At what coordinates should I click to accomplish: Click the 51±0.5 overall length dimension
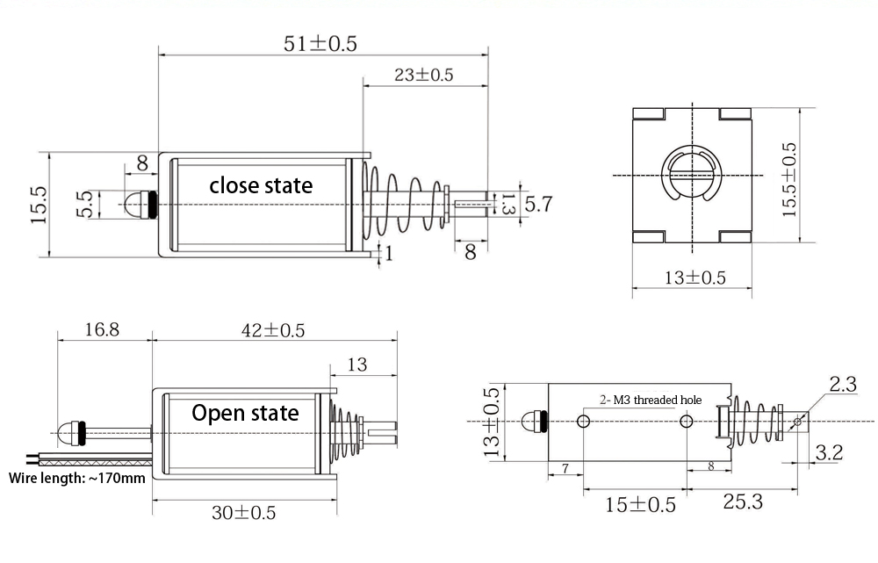(321, 43)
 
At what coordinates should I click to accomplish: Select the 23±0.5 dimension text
(423, 75)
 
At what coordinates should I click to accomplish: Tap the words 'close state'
(261, 185)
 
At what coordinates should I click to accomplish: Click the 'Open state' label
(245, 413)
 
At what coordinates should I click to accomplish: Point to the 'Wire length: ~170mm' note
(77, 479)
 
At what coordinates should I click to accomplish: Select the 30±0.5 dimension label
(242, 512)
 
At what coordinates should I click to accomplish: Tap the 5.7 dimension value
(538, 205)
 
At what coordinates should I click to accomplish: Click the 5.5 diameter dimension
(84, 205)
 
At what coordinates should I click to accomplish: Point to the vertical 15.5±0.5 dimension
(789, 180)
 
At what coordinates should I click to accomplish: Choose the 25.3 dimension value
(742, 502)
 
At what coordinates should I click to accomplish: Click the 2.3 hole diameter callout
(842, 384)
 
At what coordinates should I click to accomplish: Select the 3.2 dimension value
(829, 453)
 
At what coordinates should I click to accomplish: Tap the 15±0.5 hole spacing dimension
(641, 504)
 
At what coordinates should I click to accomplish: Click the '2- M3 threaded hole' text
(651, 400)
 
